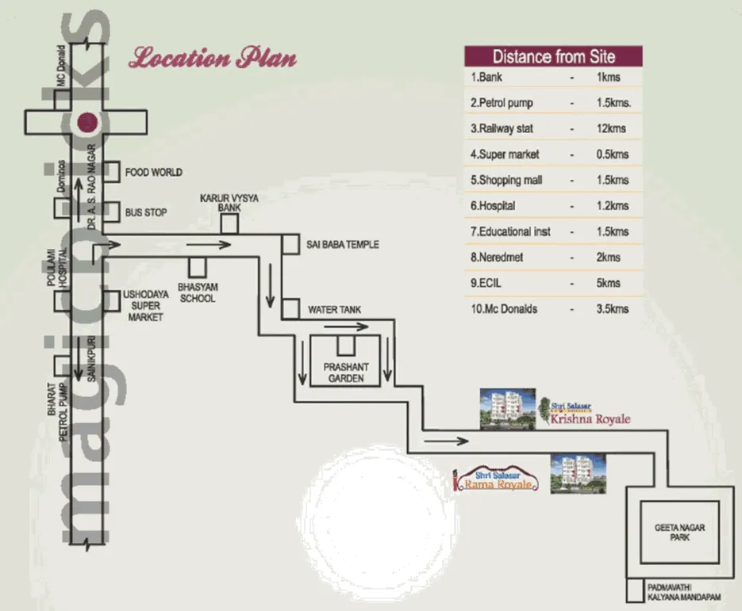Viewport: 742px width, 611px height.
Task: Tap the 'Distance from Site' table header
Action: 553,56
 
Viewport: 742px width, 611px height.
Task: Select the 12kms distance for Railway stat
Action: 609,128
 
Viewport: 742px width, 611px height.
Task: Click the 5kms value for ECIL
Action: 608,283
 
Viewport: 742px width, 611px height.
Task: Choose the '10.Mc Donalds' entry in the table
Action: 504,308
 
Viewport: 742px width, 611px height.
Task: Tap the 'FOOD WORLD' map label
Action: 153,172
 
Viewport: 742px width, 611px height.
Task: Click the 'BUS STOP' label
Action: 145,213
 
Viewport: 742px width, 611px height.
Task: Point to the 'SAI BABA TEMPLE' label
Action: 343,245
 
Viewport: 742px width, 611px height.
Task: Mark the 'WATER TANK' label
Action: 334,310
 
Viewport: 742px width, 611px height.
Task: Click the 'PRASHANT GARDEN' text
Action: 344,372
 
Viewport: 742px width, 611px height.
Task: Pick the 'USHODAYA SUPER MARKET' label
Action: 144,305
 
